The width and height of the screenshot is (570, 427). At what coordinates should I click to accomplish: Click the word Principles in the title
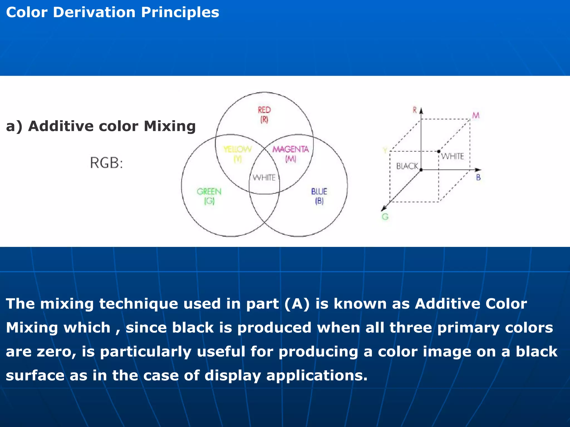[x=180, y=13]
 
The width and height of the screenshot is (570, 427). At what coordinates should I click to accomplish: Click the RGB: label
[x=106, y=163]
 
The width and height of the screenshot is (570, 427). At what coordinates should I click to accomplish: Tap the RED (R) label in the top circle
[x=264, y=115]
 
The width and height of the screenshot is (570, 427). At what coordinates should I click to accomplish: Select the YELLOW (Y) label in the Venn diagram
[x=237, y=154]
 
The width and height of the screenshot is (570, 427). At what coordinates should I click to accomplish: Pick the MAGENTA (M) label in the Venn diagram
[x=291, y=154]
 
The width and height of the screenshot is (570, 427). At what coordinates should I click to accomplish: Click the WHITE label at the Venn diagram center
[x=264, y=177]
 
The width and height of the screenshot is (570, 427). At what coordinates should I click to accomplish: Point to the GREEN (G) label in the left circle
[x=209, y=196]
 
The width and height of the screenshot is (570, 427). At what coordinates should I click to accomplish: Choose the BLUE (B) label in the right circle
[x=319, y=196]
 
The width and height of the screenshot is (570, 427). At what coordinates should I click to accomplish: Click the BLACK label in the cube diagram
[x=407, y=166]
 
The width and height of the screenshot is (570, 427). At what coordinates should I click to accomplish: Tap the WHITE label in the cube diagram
[x=453, y=156]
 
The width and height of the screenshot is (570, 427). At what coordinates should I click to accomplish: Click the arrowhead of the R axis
[x=421, y=111]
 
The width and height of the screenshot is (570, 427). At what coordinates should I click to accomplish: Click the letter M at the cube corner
[x=476, y=115]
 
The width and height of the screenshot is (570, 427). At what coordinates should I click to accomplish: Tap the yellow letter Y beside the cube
[x=385, y=150]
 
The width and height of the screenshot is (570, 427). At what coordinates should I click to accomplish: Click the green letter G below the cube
[x=385, y=217]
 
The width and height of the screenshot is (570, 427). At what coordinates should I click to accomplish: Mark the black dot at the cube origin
[x=421, y=170]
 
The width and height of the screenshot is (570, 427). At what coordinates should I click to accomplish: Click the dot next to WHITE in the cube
[x=439, y=152]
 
